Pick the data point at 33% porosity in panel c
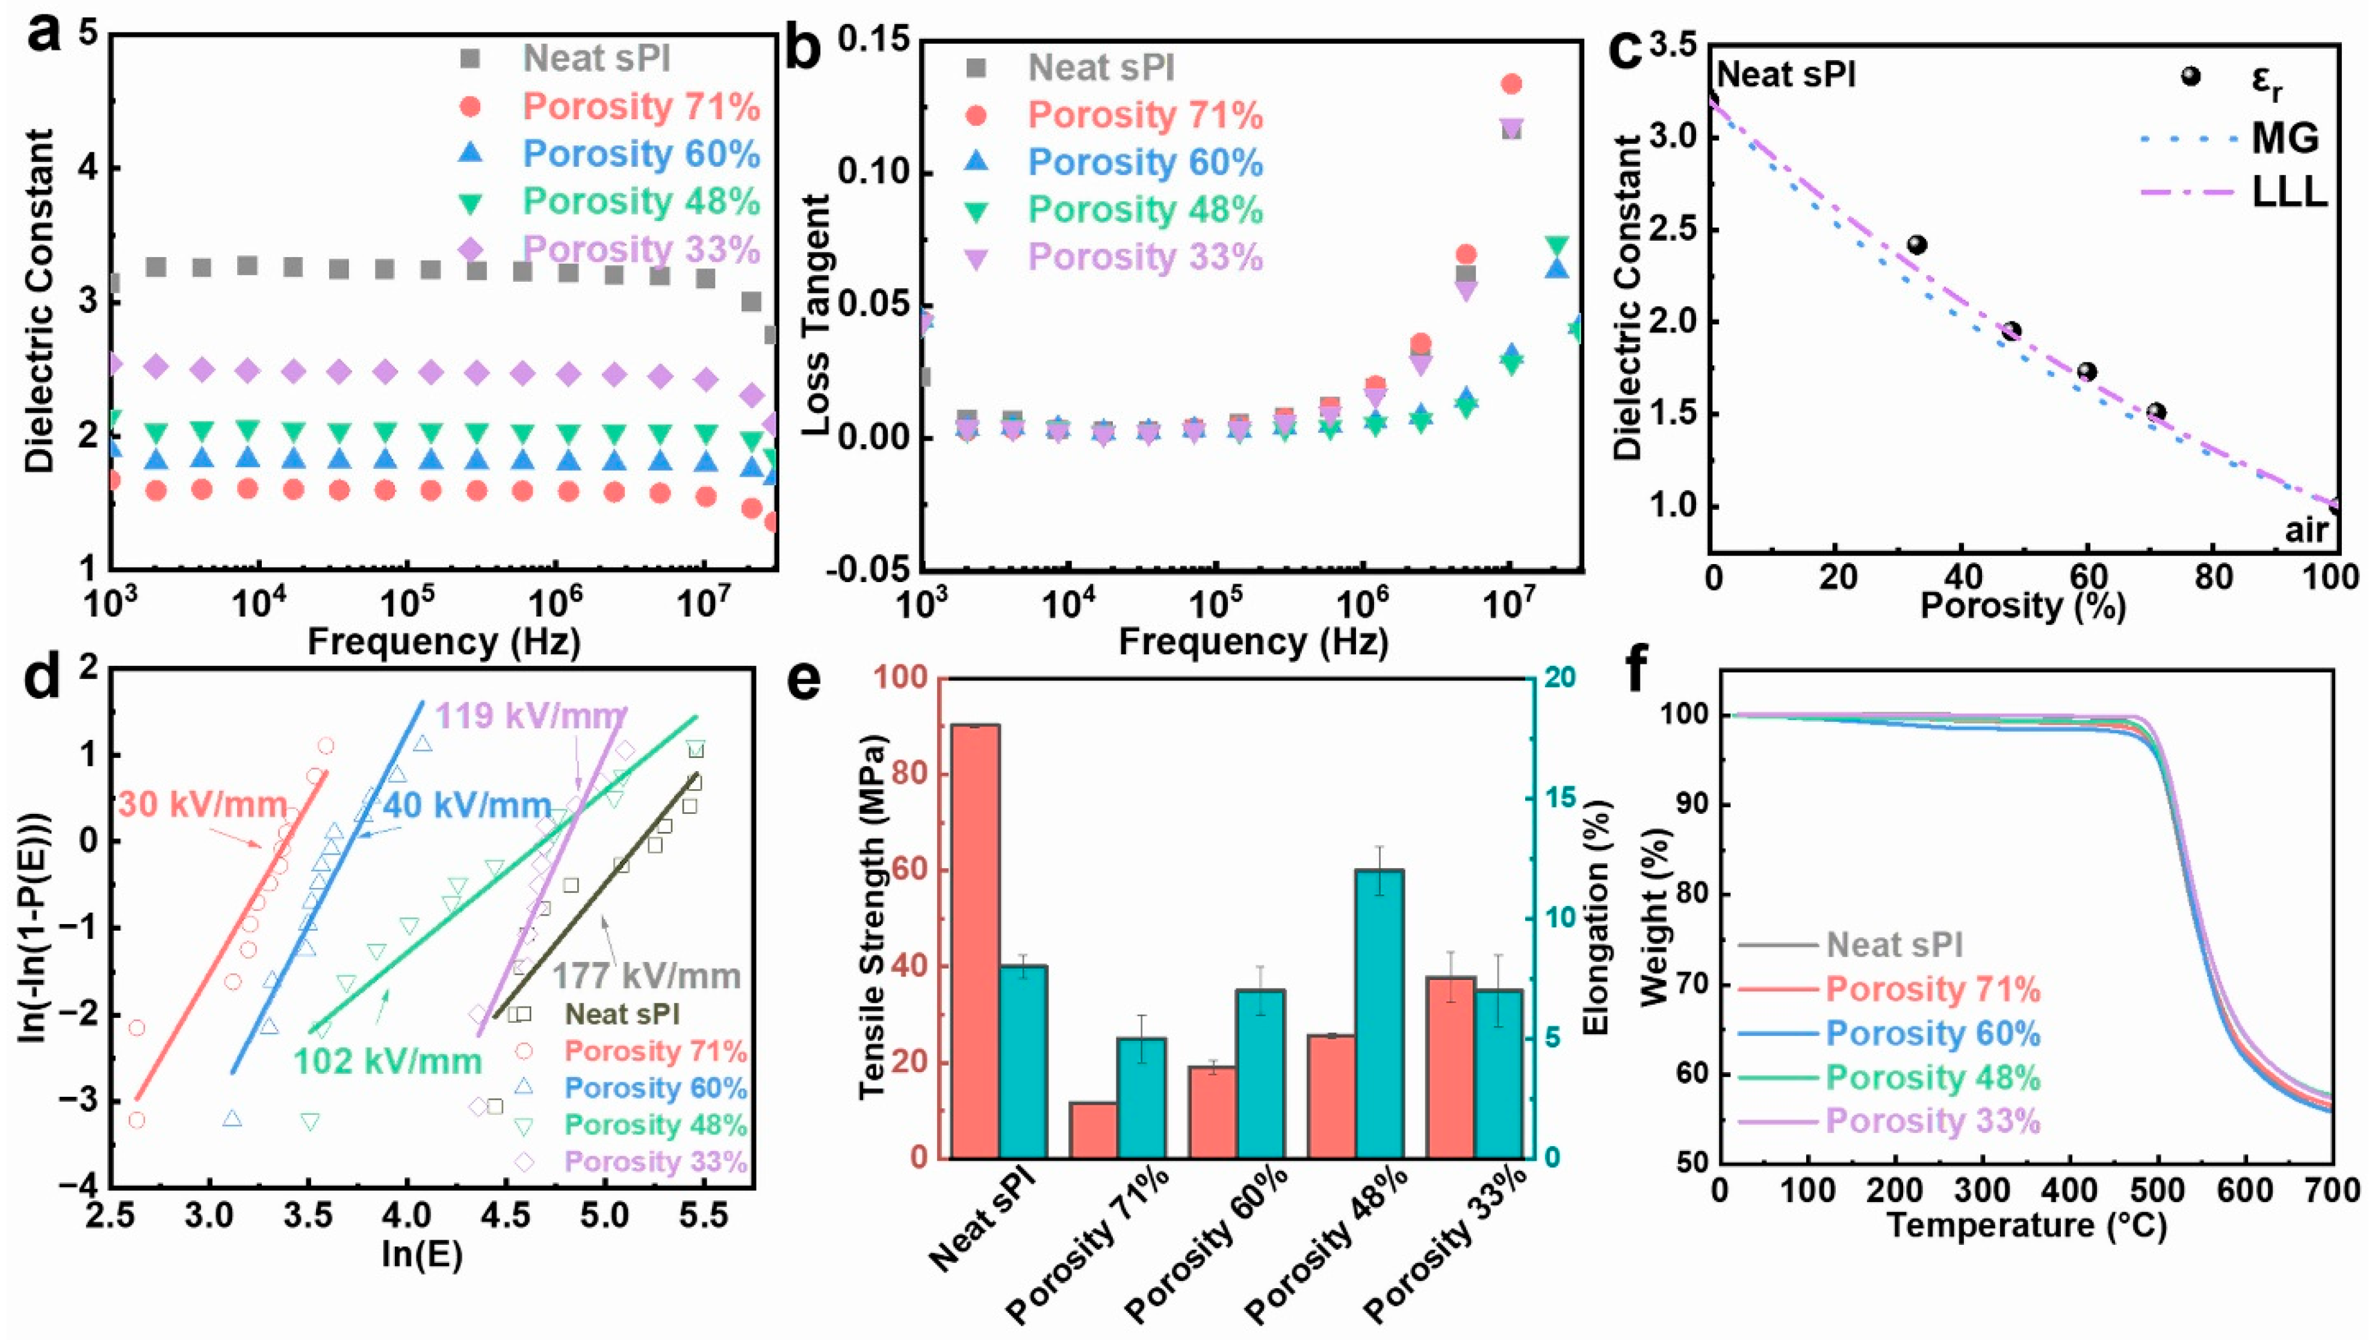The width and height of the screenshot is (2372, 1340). coord(1917,245)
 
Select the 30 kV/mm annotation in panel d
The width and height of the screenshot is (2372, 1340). coord(203,805)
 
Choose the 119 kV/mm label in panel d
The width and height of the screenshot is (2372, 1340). coord(530,716)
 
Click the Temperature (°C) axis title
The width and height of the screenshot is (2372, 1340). coord(2026,1226)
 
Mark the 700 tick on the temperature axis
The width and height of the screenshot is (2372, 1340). coord(2332,1191)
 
